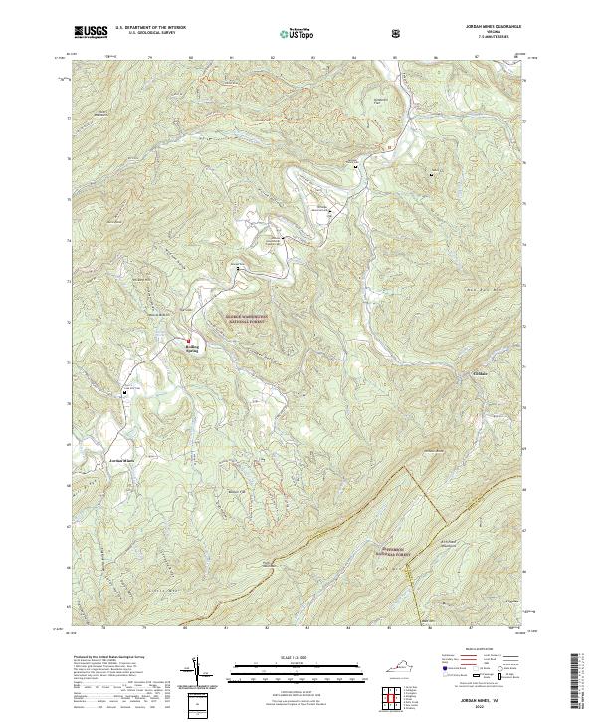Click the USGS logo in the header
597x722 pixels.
coord(91,31)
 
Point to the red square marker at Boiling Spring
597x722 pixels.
coord(186,341)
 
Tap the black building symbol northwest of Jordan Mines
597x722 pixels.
coord(126,392)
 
